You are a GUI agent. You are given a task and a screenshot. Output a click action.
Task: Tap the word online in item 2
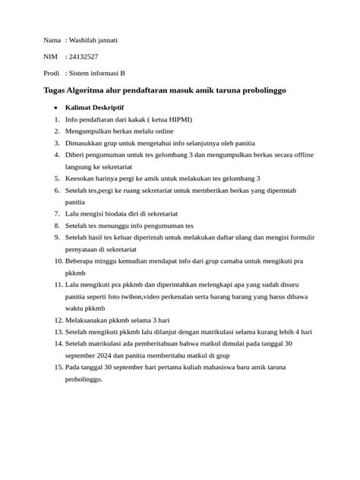169,131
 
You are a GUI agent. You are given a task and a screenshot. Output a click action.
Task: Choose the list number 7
55,225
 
